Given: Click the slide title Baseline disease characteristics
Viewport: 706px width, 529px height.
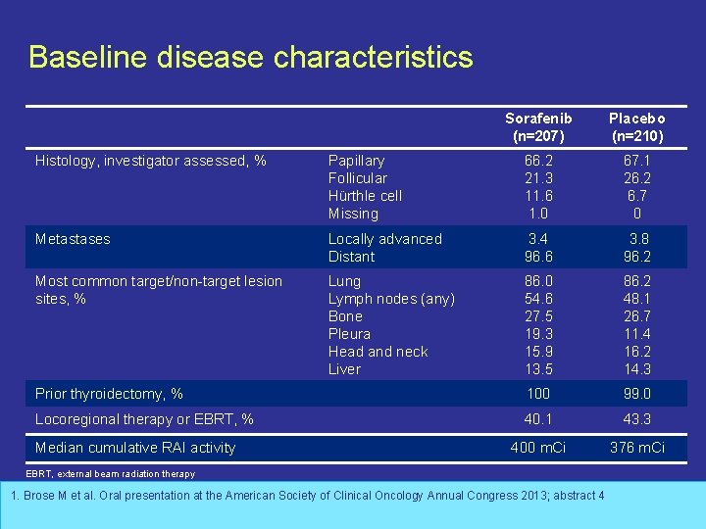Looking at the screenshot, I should tap(251, 57).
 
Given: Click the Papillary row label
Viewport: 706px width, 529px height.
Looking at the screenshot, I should tap(356, 161).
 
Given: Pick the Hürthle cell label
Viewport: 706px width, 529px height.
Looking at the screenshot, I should tap(365, 196).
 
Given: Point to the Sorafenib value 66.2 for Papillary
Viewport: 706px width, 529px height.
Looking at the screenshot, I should tap(538, 161).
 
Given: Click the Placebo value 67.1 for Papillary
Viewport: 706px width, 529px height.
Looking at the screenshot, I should tap(636, 161).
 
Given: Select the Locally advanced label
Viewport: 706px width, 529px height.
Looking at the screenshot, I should tap(384, 239).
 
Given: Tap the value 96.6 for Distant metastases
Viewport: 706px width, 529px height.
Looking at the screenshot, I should tap(538, 257).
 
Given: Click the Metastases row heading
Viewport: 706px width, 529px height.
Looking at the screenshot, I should tap(73, 239).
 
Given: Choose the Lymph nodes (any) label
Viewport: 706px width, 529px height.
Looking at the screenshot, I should tap(391, 299).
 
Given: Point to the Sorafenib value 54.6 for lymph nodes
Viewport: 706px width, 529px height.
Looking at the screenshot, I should tap(538, 299).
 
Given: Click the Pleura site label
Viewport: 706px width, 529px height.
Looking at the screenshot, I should tap(349, 334).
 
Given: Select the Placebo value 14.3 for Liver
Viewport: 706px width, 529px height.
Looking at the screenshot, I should tap(636, 369).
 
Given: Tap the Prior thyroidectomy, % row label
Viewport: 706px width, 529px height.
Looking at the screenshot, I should tap(109, 394).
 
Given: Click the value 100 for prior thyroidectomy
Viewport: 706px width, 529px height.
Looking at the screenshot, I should tap(538, 394).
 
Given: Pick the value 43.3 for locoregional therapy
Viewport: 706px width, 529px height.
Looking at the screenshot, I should tap(636, 419).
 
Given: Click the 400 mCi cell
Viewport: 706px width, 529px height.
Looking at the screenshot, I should tap(538, 448).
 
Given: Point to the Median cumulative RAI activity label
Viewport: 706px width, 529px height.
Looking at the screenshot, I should tap(135, 448).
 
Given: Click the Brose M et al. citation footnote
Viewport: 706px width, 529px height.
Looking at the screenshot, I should tap(307, 496).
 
